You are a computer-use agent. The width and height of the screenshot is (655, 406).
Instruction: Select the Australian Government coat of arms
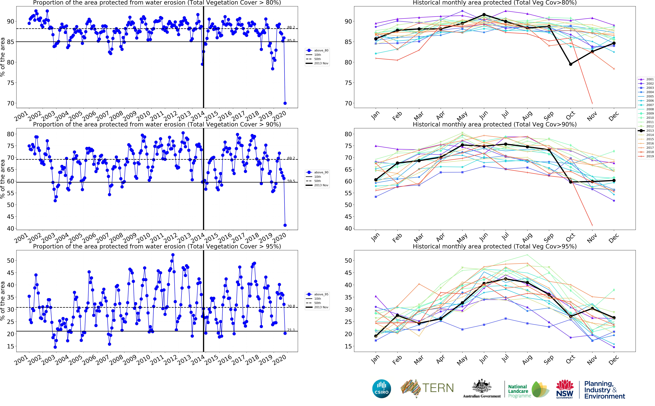(482, 387)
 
